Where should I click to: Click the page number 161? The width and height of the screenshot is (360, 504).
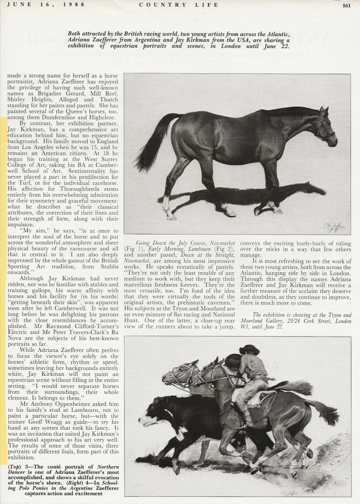pyautogui.click(x=346, y=5)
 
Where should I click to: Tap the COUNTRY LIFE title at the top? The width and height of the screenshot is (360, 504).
pyautogui.click(x=179, y=5)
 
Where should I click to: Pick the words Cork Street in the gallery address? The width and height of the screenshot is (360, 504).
pyautogui.click(x=314, y=321)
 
